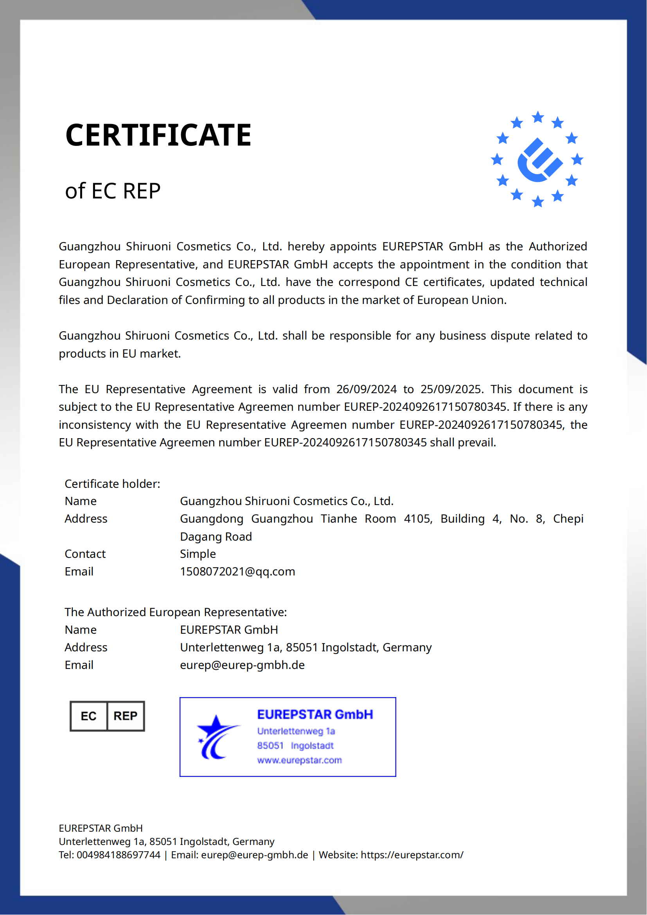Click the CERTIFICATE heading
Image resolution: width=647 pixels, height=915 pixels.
tap(158, 135)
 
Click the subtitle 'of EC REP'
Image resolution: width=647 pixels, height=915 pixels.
tap(113, 191)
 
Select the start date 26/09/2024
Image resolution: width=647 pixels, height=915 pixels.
tap(366, 389)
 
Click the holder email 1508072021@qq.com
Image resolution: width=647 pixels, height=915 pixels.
tap(237, 572)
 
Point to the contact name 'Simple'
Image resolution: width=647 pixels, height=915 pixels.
tap(198, 554)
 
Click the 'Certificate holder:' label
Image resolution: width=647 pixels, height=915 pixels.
tap(112, 484)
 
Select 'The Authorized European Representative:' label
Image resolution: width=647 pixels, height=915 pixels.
tap(176, 613)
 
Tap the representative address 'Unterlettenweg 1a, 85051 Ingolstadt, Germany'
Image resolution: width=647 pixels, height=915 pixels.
tap(306, 647)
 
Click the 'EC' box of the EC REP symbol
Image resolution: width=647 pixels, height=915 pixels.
tap(88, 717)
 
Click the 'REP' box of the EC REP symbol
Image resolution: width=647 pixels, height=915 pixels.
tap(126, 717)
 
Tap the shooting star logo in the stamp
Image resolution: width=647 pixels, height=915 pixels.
tap(217, 737)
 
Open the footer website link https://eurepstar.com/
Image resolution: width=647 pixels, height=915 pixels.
tap(412, 855)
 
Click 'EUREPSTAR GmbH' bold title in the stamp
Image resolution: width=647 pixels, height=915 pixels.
tap(315, 715)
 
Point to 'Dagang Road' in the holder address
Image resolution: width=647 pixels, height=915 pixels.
tap(216, 537)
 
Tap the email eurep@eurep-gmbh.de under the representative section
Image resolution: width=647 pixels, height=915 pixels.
tap(242, 665)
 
